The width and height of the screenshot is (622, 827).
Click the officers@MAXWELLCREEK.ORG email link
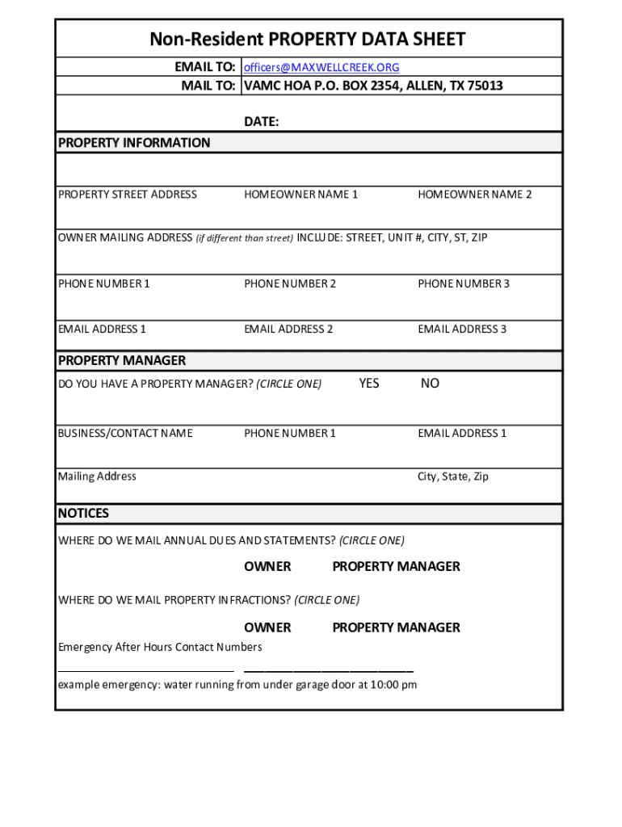coord(322,67)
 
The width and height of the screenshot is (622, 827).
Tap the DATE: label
coord(261,122)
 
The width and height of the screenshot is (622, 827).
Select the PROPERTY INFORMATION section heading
coord(134,143)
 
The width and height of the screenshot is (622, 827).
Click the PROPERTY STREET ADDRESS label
coord(128,194)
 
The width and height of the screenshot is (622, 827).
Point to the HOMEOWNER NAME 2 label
coord(474,194)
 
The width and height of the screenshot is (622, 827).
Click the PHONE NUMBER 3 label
coord(464,283)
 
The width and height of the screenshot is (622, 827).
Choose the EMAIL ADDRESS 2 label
coord(288,329)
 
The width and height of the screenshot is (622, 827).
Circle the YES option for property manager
coord(368,383)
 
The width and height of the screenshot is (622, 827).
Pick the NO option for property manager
coord(430,383)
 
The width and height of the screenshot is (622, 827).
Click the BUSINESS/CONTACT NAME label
coord(125,433)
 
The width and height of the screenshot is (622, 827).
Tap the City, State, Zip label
coord(452,476)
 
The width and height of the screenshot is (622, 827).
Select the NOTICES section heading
coord(83,513)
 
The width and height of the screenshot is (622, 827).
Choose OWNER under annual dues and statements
coord(267,566)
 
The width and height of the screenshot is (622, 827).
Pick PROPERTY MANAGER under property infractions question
coord(396,627)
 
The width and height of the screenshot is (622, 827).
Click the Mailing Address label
coord(97,476)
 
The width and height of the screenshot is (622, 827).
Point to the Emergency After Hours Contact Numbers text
coord(160,647)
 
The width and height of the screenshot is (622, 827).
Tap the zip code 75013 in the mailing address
coord(485,86)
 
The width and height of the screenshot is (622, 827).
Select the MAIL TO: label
coord(208,86)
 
